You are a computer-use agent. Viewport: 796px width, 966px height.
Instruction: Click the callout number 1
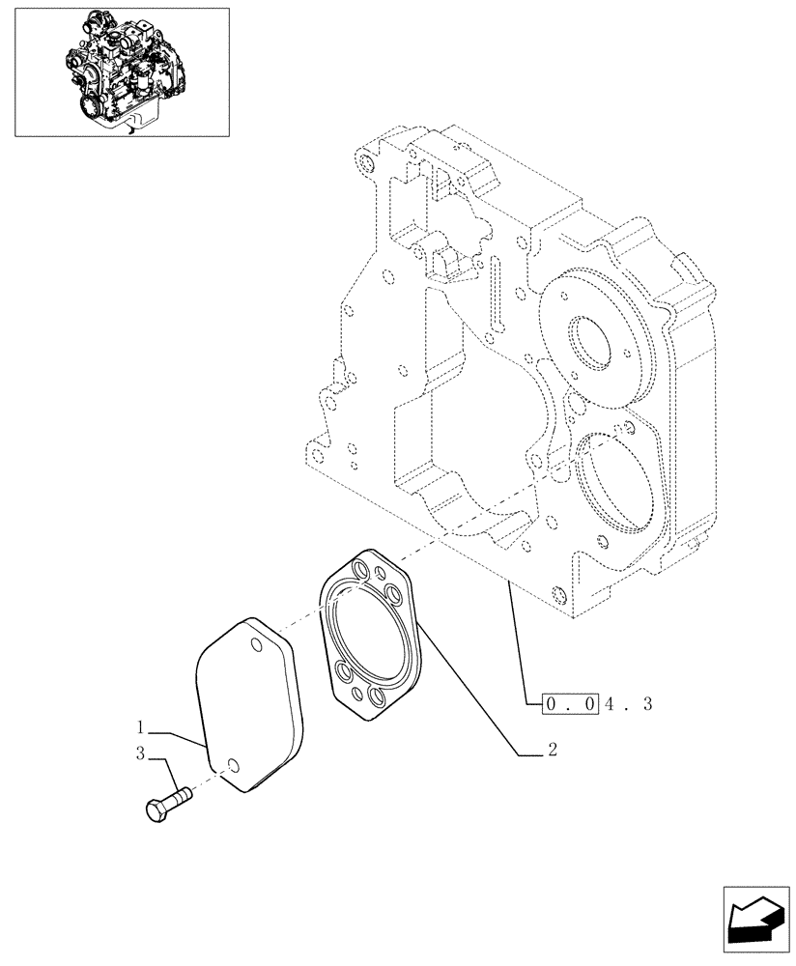(x=141, y=724)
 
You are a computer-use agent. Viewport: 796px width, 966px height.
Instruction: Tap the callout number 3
(x=141, y=754)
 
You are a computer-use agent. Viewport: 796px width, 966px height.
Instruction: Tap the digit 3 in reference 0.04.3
(x=648, y=704)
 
